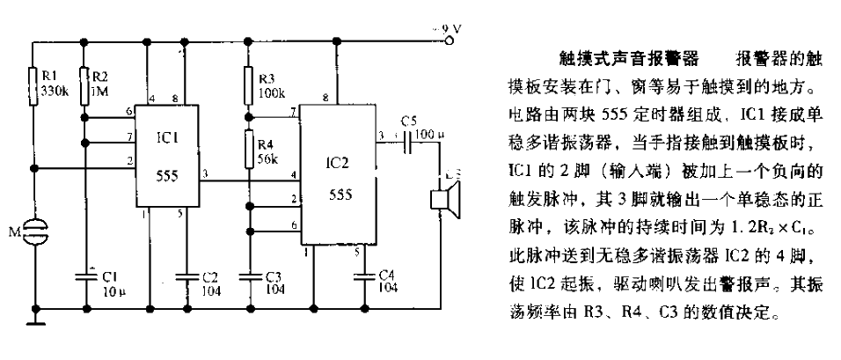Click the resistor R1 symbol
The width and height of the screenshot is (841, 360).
coord(35,84)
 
